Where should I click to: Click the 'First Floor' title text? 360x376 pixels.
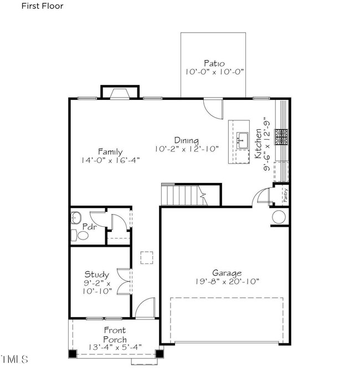pyautogui.click(x=43, y=6)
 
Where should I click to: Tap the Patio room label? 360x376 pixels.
pyautogui.click(x=214, y=63)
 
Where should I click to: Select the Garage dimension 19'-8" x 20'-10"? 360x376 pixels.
pyautogui.click(x=227, y=281)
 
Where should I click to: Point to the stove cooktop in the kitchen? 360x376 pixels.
pyautogui.click(x=281, y=137)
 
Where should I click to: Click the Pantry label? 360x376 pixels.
pyautogui.click(x=285, y=195)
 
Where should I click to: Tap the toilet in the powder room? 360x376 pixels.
pyautogui.click(x=80, y=235)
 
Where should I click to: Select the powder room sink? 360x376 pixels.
pyautogui.click(x=76, y=218)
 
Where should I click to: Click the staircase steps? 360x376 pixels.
pyautogui.click(x=184, y=195)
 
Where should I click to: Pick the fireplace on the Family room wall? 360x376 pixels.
pyautogui.click(x=120, y=94)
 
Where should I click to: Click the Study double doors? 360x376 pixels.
pyautogui.click(x=124, y=282)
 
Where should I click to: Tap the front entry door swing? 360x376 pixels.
pyautogui.click(x=145, y=308)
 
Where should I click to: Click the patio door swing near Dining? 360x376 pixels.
pyautogui.click(x=213, y=109)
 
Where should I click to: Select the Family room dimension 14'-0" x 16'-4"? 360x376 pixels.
pyautogui.click(x=110, y=160)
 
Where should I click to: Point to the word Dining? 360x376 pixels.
pyautogui.click(x=186, y=140)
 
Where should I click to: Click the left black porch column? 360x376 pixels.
pyautogui.click(x=73, y=354)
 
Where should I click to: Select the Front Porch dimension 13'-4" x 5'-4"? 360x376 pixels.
pyautogui.click(x=115, y=347)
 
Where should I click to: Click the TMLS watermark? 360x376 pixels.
pyautogui.click(x=14, y=359)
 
